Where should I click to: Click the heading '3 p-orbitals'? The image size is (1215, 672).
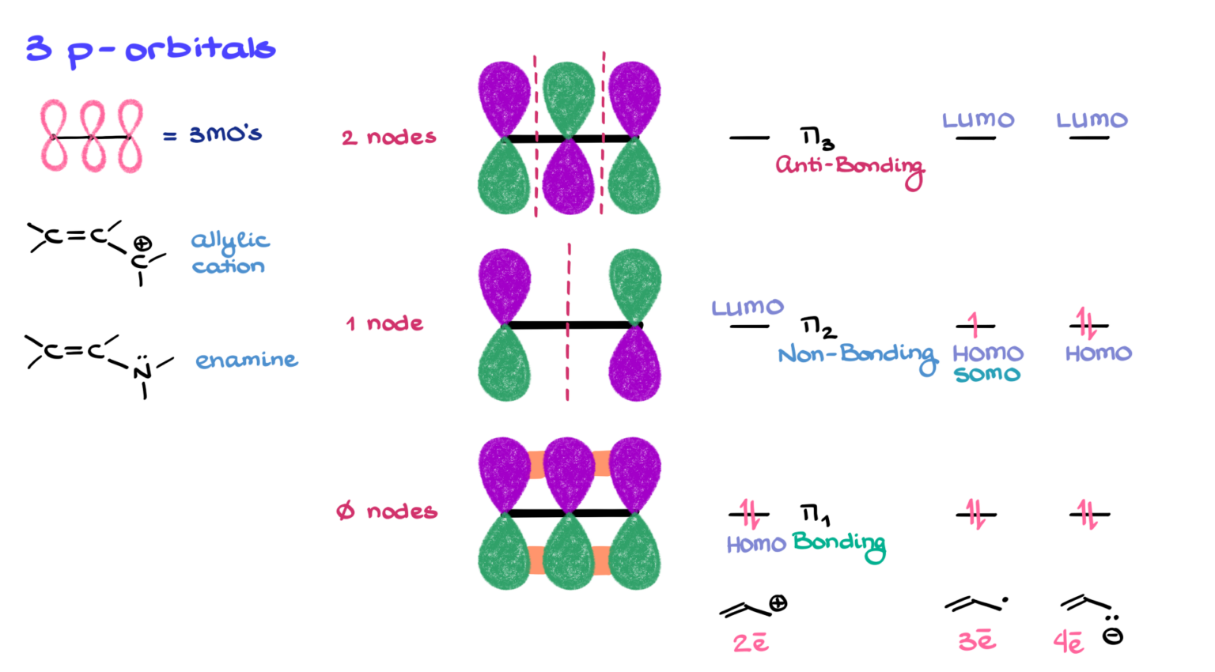[x=150, y=50]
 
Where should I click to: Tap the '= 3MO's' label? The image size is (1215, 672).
[x=214, y=134]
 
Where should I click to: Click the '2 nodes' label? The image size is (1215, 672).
[x=388, y=138]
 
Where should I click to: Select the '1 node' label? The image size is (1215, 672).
[x=384, y=323]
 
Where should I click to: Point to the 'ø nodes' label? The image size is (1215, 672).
[x=386, y=512]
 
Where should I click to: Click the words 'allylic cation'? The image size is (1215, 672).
[x=229, y=253]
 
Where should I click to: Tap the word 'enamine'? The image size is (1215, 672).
[x=247, y=361]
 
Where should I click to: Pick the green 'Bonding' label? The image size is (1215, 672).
[x=838, y=543]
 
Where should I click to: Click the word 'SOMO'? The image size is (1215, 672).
[x=987, y=374]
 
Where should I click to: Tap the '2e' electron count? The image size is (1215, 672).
[x=751, y=642]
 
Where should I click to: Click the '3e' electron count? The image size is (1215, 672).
[x=977, y=640]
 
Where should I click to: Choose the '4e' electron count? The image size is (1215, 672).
[x=1069, y=642]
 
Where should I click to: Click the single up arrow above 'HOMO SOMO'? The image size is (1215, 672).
[x=973, y=324]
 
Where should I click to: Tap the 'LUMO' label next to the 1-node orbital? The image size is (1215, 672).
[x=748, y=307]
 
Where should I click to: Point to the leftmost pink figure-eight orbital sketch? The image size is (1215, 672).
[x=54, y=136]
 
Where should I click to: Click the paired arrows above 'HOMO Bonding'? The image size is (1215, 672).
[x=749, y=514]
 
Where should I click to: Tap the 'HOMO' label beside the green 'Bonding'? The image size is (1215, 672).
[x=756, y=544]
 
